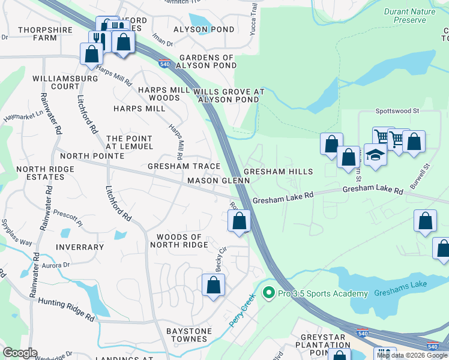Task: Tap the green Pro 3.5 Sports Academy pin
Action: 268,294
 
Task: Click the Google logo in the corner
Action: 20,353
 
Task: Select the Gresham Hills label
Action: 278,172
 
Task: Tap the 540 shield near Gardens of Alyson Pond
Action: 164,63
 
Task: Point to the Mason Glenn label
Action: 218,181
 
